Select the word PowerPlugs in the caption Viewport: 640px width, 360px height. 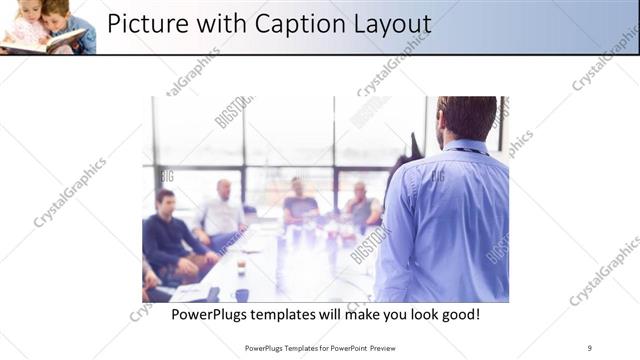pos(214,314)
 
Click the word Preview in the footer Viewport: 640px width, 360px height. pos(394,348)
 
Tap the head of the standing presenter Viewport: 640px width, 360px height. pos(465,117)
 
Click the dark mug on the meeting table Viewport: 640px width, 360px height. pos(242,294)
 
